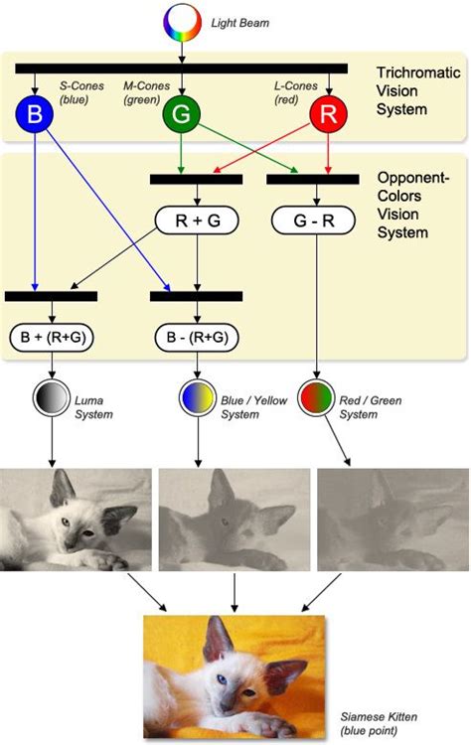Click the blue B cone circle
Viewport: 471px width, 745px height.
pos(35,115)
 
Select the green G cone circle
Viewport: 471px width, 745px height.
pos(181,115)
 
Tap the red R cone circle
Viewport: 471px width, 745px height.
pos(328,115)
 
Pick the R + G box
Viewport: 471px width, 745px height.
pos(197,221)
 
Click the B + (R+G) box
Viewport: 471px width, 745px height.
pos(51,337)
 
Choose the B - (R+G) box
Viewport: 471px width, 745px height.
pos(197,337)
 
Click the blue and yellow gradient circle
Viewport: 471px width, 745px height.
pos(197,399)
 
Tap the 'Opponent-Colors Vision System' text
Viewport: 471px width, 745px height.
pos(413,206)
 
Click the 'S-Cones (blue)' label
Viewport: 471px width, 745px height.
pos(79,92)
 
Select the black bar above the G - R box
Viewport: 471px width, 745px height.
pos(312,180)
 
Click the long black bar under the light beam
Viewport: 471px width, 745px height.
pos(181,69)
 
